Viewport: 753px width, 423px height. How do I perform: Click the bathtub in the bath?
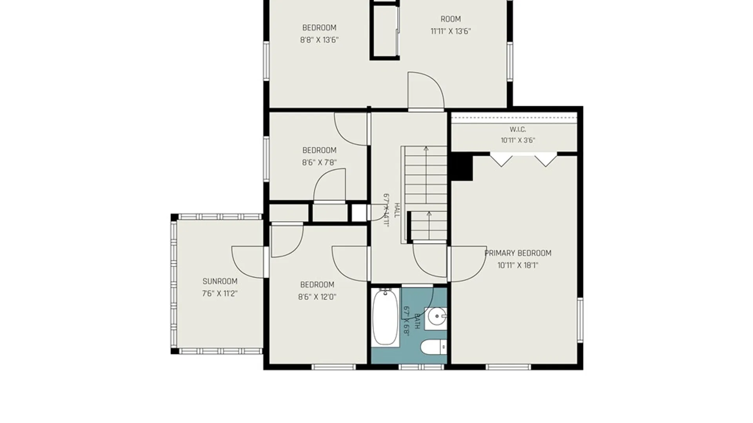tap(385, 317)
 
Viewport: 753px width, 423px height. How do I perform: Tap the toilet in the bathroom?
tap(433, 347)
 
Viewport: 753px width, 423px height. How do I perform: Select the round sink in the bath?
tap(436, 316)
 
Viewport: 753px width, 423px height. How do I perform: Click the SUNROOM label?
tap(220, 281)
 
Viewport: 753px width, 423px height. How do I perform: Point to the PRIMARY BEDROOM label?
tap(518, 253)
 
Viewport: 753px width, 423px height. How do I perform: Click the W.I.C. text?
tap(518, 129)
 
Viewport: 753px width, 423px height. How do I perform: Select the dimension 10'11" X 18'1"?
tap(518, 265)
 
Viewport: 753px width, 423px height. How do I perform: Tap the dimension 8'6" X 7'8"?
tap(319, 163)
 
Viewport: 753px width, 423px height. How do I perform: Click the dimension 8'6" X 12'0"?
tap(317, 297)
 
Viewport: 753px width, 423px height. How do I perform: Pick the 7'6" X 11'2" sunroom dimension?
tap(220, 294)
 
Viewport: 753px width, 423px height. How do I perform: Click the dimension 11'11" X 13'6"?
tap(451, 31)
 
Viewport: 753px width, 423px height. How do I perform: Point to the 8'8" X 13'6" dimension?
tap(319, 40)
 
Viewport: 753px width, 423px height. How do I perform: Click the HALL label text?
tap(397, 210)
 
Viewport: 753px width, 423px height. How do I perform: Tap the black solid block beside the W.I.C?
tap(462, 166)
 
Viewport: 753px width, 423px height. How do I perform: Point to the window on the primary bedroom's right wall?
tap(580, 320)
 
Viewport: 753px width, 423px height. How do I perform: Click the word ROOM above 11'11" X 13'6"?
tap(451, 19)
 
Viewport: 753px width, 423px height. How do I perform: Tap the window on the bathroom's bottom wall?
tap(421, 367)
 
